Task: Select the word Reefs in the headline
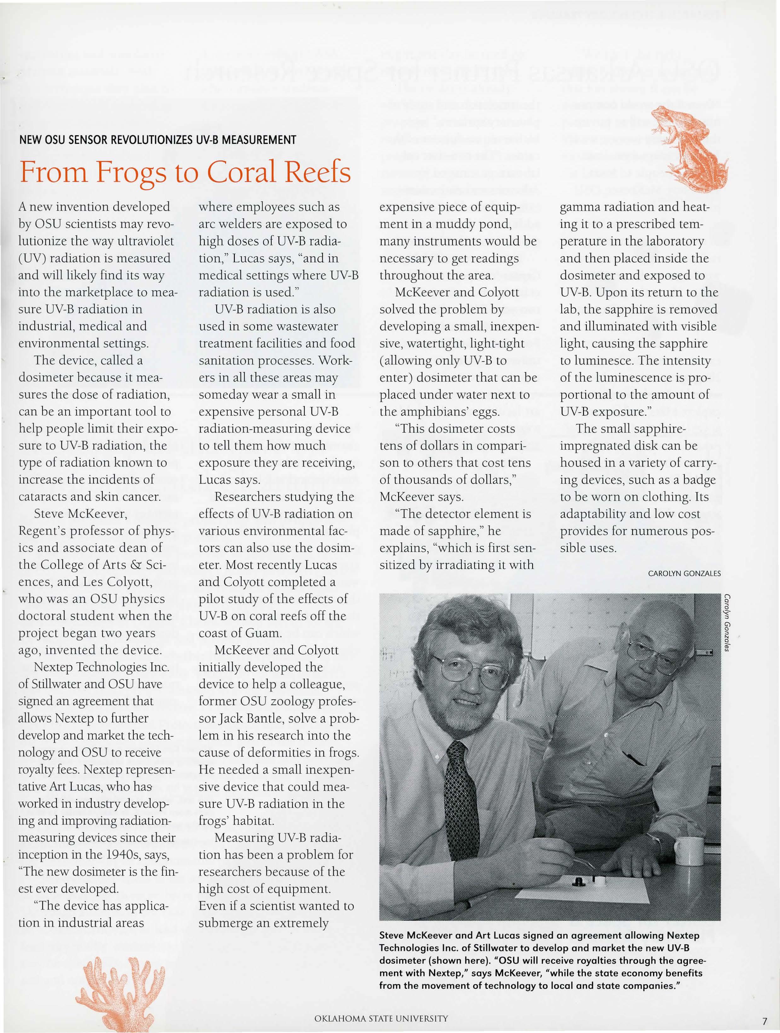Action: pos(317,173)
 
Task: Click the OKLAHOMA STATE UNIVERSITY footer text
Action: pos(381,1018)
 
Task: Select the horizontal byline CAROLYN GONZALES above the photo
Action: pos(684,573)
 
